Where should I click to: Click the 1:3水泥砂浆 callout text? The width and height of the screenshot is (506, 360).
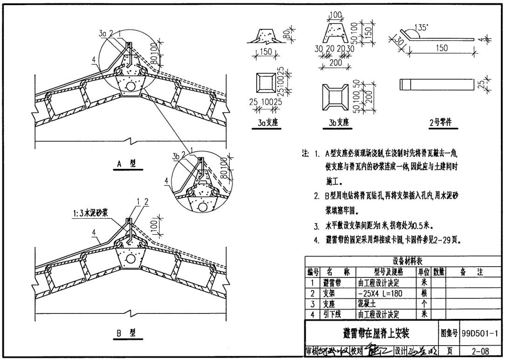click(91, 211)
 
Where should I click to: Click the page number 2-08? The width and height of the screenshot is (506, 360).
click(480, 351)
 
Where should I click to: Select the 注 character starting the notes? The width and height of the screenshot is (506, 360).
click(305, 153)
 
